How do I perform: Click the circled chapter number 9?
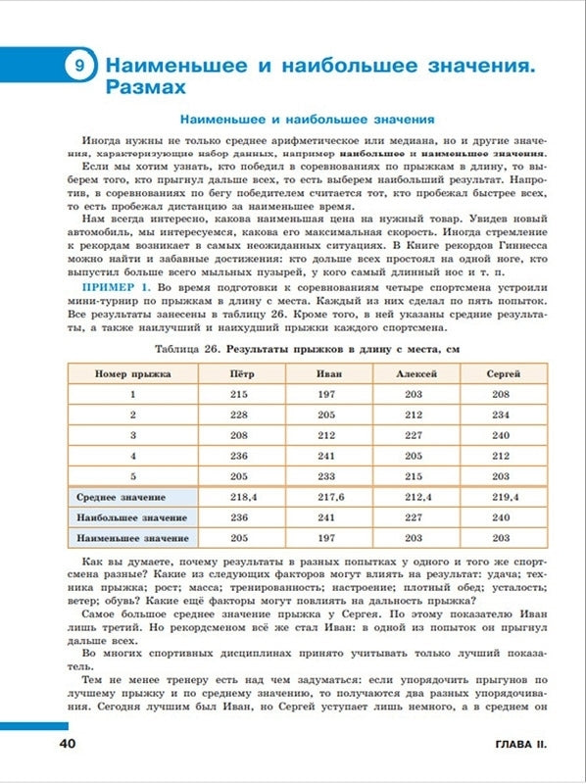click(x=78, y=67)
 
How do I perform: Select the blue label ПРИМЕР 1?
click(x=116, y=285)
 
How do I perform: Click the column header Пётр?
click(x=239, y=374)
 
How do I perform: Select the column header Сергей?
click(x=501, y=374)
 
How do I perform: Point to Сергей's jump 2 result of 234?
click(x=501, y=415)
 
